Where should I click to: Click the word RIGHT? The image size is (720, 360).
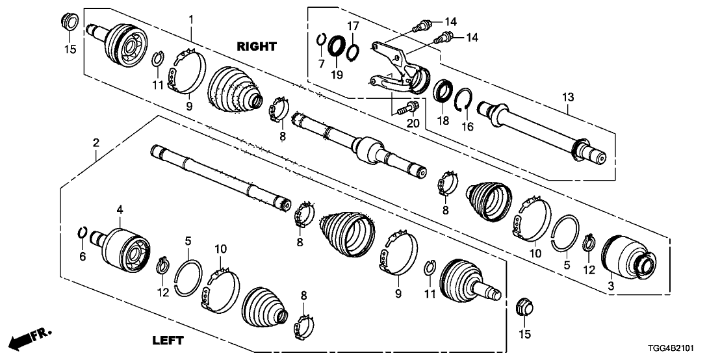pos(256,47)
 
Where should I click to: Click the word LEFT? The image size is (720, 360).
pos(168,340)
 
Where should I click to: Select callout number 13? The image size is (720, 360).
pos(568,97)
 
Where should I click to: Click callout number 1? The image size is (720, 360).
pos(191,19)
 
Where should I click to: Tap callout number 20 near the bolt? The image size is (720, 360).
pos(412,123)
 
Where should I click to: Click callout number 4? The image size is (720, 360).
pos(120,209)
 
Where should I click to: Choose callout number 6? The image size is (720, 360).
pos(83,257)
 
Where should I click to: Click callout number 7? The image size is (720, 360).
pos(321,63)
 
